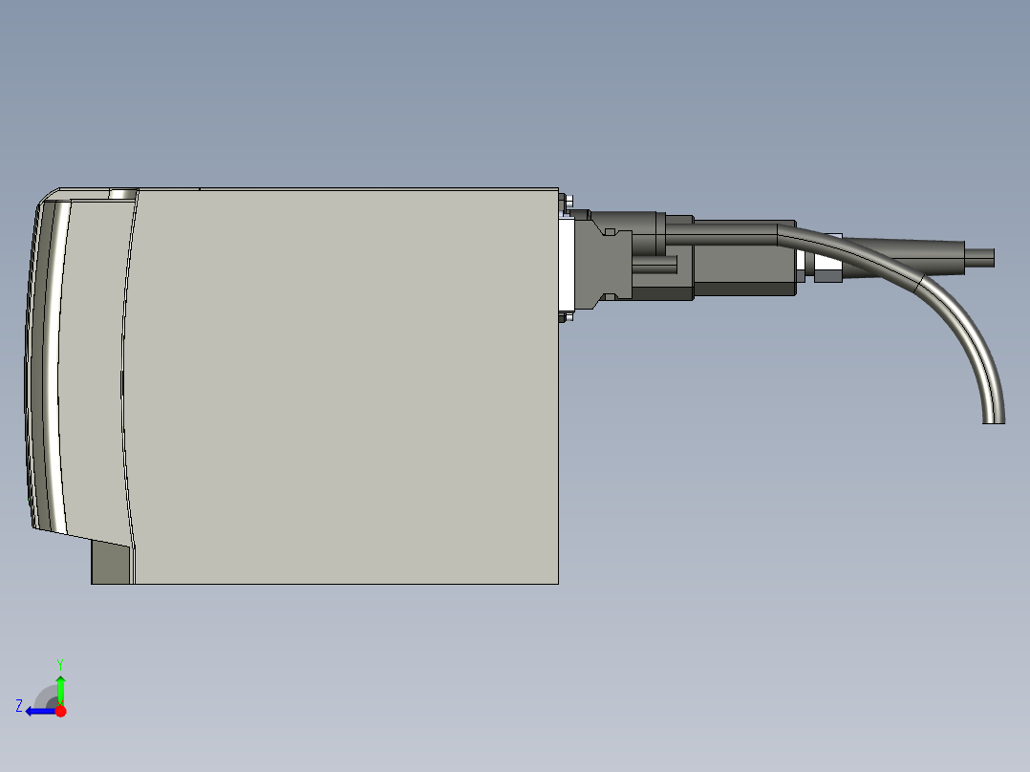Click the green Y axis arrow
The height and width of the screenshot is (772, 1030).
[x=60, y=687]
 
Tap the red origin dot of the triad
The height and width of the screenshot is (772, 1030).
[x=60, y=711]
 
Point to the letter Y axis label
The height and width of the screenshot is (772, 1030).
[x=60, y=662]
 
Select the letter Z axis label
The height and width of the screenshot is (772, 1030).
[x=19, y=706]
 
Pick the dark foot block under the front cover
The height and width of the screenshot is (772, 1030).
[x=111, y=563]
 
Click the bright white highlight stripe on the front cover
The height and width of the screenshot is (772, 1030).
[x=61, y=363]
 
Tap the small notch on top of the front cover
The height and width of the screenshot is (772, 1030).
[x=122, y=194]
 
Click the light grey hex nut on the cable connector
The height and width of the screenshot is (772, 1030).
[x=827, y=273]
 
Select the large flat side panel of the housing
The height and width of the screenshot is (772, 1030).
[x=344, y=382]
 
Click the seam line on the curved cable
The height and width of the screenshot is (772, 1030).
[x=919, y=284]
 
